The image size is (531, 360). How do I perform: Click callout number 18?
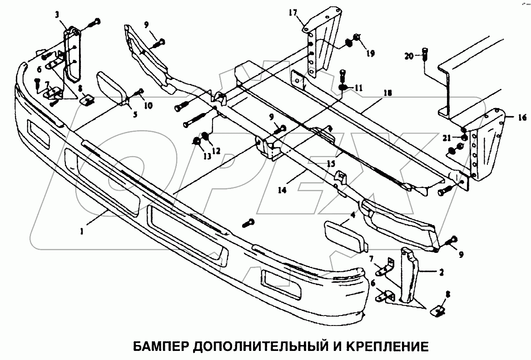point(387,93)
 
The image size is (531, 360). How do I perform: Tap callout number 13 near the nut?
point(207,157)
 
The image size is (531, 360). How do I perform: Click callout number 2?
point(440,272)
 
